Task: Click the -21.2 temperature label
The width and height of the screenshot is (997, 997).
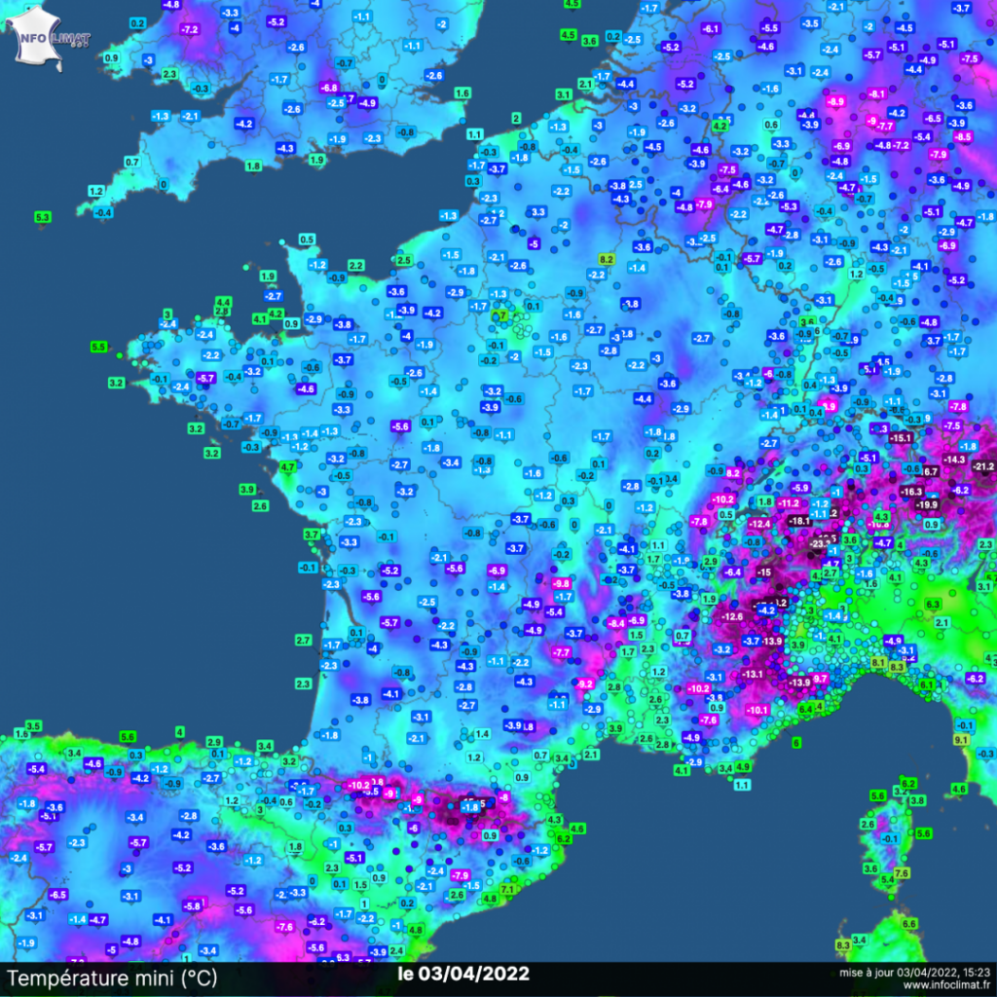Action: click(981, 466)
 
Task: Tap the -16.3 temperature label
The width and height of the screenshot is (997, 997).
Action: click(911, 492)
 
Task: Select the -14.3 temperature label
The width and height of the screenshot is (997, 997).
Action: click(953, 459)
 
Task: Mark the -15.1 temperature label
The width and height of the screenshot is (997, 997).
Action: click(902, 439)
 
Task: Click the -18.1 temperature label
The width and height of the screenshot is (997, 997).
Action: click(799, 521)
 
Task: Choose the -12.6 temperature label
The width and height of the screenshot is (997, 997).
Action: click(731, 616)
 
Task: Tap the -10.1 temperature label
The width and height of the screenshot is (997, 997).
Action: click(757, 710)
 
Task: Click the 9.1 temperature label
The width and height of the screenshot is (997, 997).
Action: click(959, 740)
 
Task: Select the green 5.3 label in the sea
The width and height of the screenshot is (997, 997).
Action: click(42, 216)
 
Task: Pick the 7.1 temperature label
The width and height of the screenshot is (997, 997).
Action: click(507, 890)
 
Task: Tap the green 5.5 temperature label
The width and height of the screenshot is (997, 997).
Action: click(98, 347)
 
